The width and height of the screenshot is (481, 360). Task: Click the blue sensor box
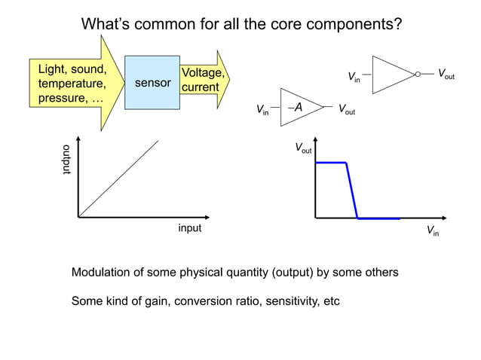point(152,82)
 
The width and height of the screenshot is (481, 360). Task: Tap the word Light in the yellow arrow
point(52,69)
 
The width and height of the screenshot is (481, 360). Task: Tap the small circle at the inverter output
point(418,75)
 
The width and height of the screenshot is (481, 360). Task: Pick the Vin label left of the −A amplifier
point(263,111)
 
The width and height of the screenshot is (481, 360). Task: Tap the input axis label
point(189,227)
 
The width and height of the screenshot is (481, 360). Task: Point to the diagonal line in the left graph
point(118,178)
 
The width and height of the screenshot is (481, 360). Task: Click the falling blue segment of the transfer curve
point(351,191)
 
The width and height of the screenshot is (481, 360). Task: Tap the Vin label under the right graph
point(433,231)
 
